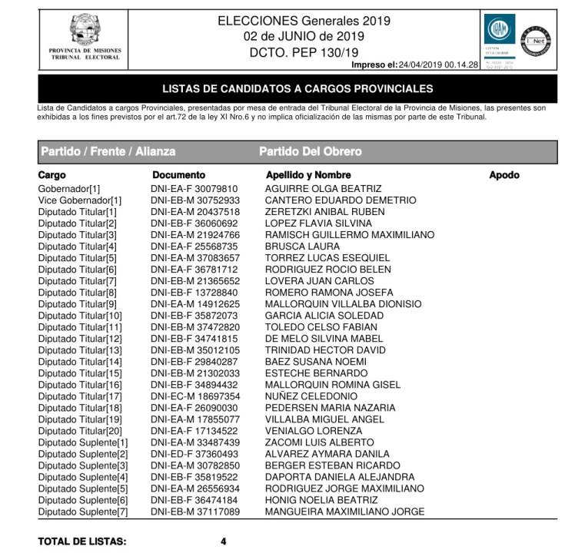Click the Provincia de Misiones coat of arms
(85, 28)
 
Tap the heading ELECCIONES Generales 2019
(304, 21)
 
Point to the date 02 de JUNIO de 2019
(304, 36)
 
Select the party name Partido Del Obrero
(310, 152)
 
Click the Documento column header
(179, 175)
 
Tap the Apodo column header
(504, 175)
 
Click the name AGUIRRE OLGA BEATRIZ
(323, 189)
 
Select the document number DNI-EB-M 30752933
(195, 200)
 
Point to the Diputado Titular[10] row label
(80, 316)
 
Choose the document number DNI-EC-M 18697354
(195, 396)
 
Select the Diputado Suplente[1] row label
(83, 442)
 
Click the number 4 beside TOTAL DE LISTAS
(223, 541)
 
